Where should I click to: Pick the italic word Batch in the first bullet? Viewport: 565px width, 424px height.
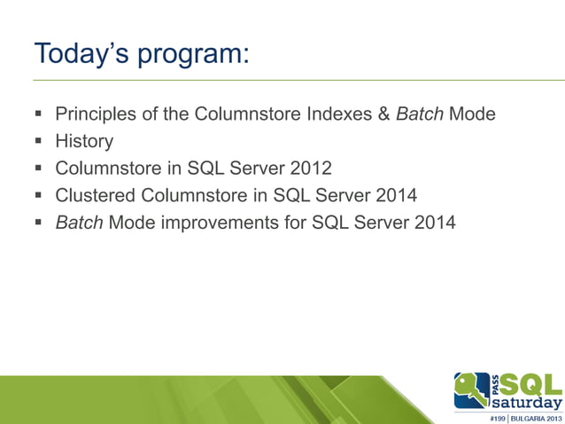[421, 114]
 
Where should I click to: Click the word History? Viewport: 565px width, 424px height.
[84, 140]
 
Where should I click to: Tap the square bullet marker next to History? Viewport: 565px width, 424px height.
[39, 141]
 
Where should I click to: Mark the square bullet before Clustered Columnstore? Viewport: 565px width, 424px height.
[39, 195]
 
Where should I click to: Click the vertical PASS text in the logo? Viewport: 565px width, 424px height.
[495, 383]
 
